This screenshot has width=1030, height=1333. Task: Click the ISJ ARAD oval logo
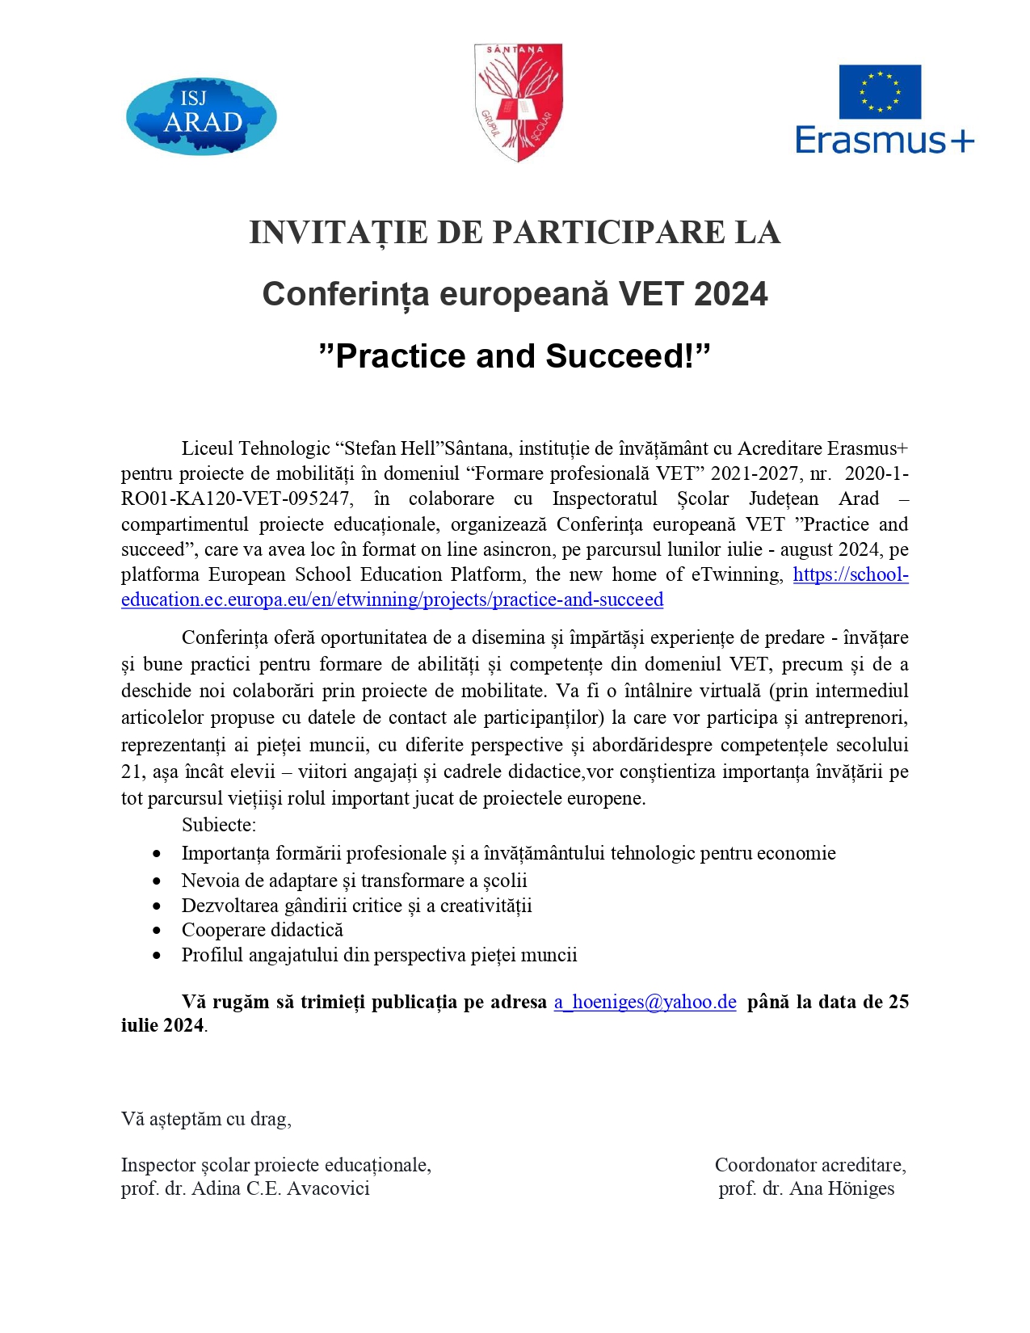pos(201,116)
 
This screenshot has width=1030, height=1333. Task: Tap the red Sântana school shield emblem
pos(518,102)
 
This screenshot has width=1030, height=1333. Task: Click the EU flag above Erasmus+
pos(880,91)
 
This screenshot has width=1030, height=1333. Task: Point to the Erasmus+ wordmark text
pos(885,141)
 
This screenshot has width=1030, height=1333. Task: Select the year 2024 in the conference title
pos(730,294)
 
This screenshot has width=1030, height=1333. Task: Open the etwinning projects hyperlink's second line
pos(392,600)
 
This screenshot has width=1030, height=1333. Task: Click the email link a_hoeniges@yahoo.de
pos(645,1003)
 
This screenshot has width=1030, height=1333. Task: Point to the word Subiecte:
pos(218,825)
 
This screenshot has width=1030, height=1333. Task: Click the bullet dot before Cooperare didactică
pos(157,931)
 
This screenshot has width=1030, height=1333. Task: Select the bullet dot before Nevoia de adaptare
pos(157,881)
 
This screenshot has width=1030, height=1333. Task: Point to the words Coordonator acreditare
pos(809,1165)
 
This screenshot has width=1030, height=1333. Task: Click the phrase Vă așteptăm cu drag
pos(206,1119)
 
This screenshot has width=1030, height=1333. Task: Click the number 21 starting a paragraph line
pos(132,772)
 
